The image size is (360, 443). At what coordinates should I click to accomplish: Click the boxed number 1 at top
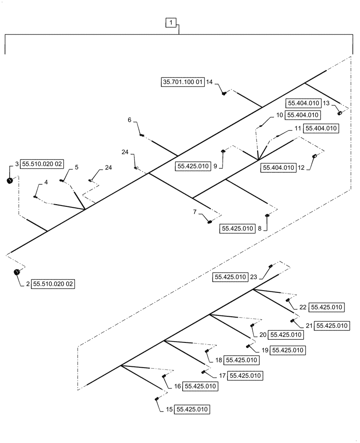point(171,22)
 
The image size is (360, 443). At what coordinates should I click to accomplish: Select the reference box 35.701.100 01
point(182,82)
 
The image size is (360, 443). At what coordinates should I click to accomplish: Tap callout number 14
point(210,82)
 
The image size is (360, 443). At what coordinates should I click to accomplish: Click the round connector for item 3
point(10,180)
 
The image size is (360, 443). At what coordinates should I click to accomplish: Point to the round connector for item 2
point(17,272)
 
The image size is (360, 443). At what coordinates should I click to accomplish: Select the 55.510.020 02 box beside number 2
point(53,284)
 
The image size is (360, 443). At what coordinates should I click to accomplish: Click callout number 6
point(129,120)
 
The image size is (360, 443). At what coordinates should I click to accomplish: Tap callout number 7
point(195,212)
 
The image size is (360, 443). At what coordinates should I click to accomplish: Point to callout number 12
point(301,168)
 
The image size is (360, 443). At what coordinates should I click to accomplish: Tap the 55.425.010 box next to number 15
point(192,409)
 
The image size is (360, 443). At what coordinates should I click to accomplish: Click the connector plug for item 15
point(157,399)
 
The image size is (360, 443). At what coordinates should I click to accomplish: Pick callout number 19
point(264,350)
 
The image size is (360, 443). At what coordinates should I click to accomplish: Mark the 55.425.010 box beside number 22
point(327,307)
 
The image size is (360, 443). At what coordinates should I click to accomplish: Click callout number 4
point(46,183)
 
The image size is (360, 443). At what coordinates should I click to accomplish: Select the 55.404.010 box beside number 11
point(321,129)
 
